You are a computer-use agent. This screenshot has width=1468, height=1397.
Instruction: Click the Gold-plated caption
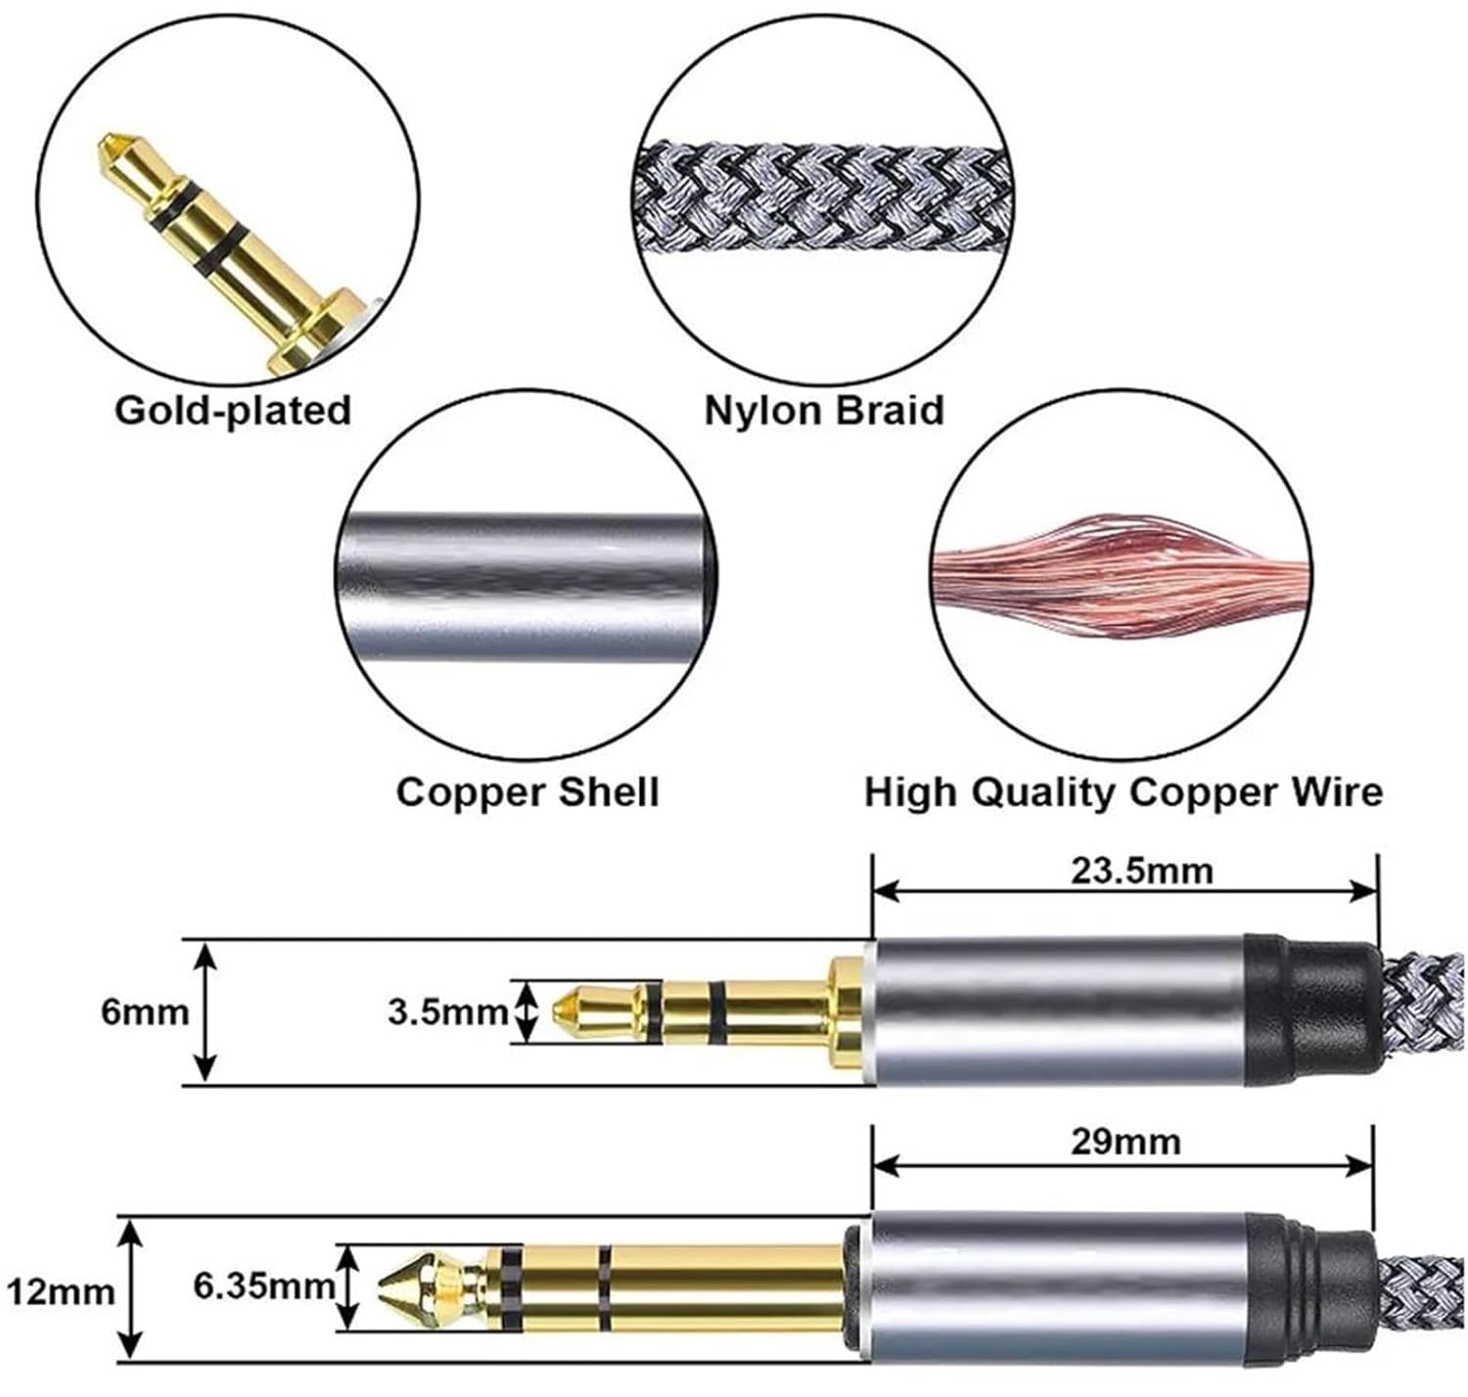pos(232,410)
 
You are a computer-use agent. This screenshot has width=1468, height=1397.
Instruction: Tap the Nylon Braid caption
pos(824,410)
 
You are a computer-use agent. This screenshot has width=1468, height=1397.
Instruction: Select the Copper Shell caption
pos(528,791)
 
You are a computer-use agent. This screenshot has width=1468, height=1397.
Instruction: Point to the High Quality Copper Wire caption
pos(1123,791)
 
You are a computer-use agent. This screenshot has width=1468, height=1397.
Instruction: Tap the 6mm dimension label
pos(145,1012)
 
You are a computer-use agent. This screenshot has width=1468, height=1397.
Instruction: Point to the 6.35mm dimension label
pos(263,1286)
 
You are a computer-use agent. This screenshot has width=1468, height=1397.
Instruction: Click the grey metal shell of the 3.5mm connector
pos(1057,1012)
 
